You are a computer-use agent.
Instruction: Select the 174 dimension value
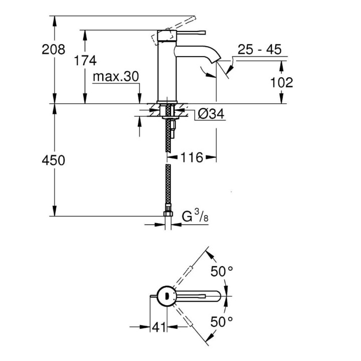[x=85, y=60]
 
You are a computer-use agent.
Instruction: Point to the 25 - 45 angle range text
[x=259, y=50]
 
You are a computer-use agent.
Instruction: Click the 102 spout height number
[x=280, y=82]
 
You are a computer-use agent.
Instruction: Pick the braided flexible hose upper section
[x=168, y=143]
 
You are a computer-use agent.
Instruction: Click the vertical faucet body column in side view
[x=165, y=70]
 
